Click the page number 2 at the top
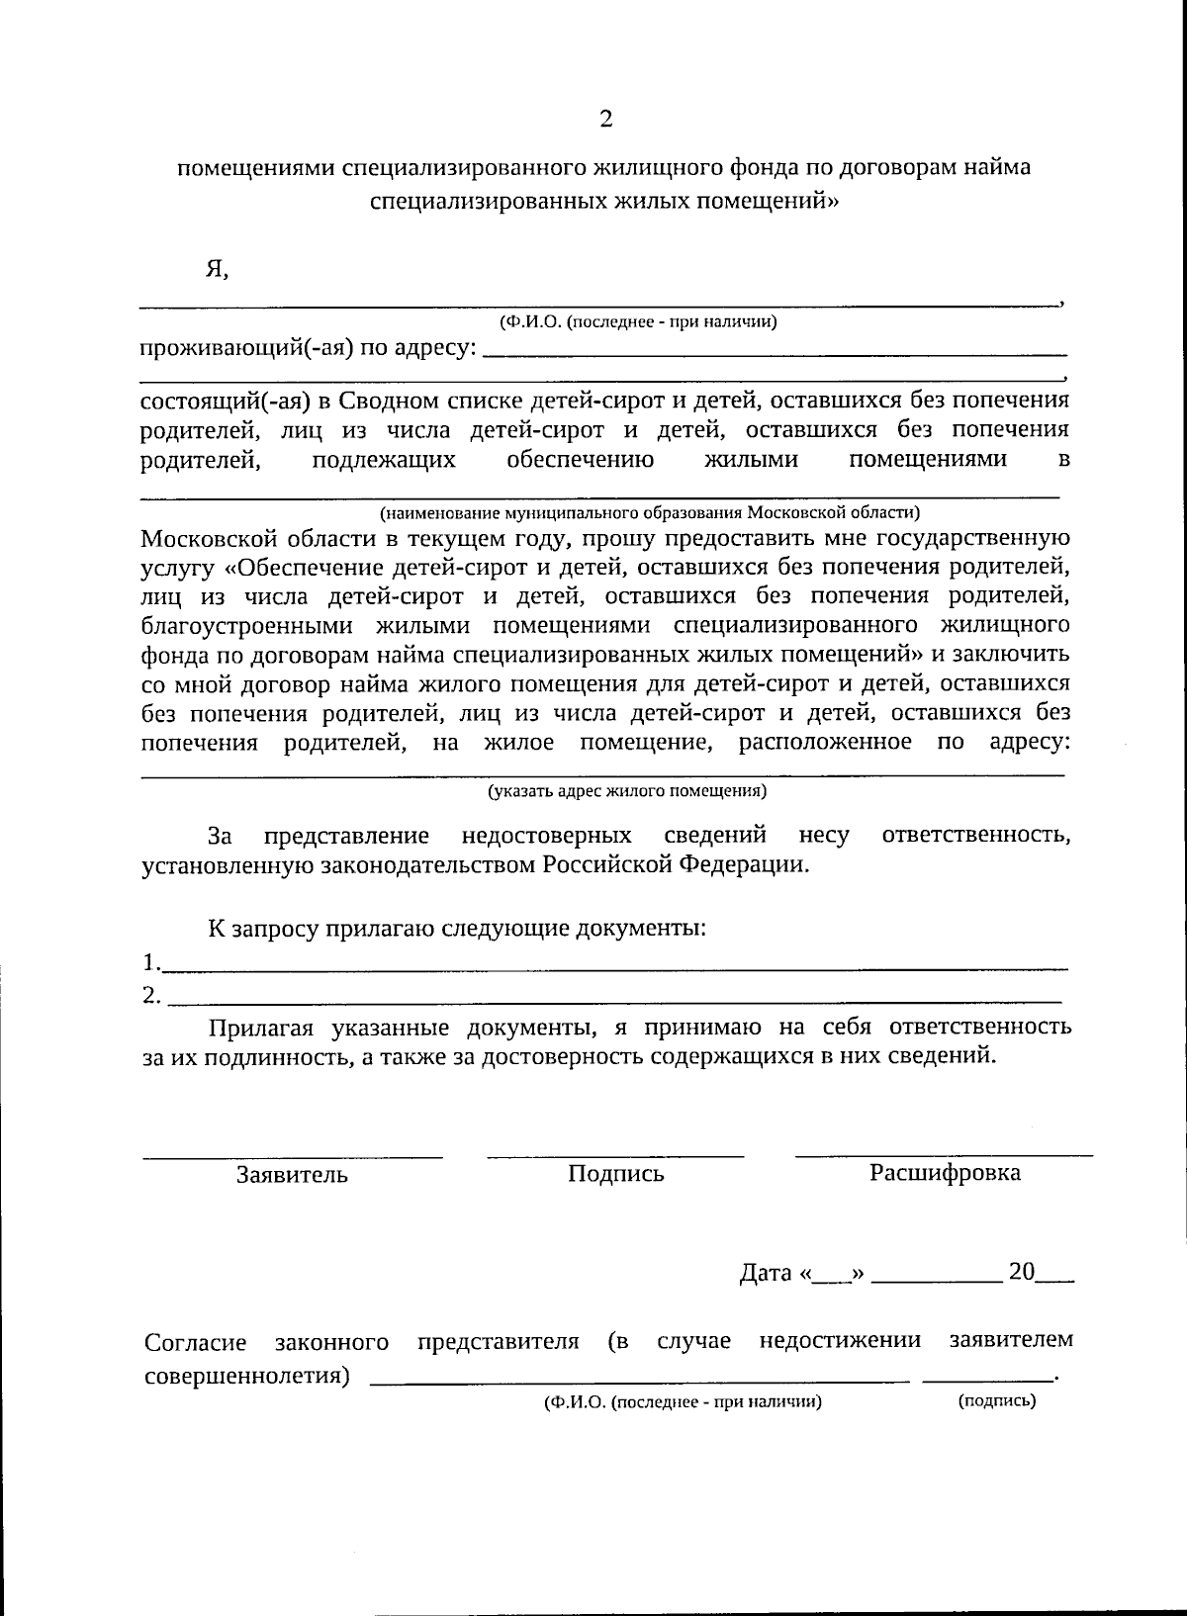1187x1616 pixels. click(x=605, y=119)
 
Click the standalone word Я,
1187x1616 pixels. click(x=217, y=268)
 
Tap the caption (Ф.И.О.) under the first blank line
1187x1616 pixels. click(x=637, y=321)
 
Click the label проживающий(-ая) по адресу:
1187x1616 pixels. click(x=308, y=348)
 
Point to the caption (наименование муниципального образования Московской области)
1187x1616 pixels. click(x=650, y=512)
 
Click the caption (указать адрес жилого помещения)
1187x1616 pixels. click(x=627, y=791)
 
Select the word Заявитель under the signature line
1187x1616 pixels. click(x=292, y=1175)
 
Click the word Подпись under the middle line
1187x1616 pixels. click(x=615, y=1174)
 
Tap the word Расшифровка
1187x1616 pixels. click(x=945, y=1173)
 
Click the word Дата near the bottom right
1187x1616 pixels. click(x=766, y=1274)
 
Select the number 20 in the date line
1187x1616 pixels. click(x=1021, y=1272)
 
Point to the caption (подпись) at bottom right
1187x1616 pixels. click(x=997, y=1400)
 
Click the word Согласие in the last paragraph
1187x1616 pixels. click(x=195, y=1343)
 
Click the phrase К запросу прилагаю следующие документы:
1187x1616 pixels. click(x=456, y=929)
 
